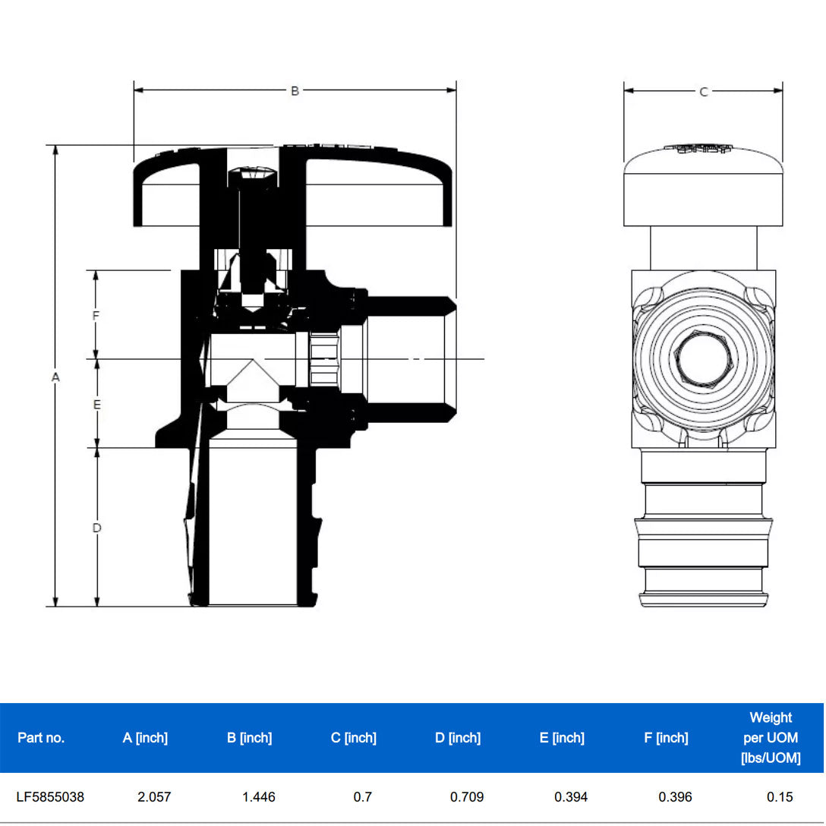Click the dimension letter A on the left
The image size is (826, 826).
pyautogui.click(x=55, y=377)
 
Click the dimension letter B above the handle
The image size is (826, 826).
pyautogui.click(x=295, y=91)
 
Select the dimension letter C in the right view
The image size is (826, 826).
pyautogui.click(x=703, y=92)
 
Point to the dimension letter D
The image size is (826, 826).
pyautogui.click(x=97, y=528)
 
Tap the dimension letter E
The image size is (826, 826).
pyautogui.click(x=97, y=405)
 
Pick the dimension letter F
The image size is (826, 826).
pyautogui.click(x=96, y=316)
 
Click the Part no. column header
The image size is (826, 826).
pyautogui.click(x=41, y=737)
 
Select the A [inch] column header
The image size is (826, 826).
pyautogui.click(x=146, y=737)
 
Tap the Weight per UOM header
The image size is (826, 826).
pyautogui.click(x=771, y=737)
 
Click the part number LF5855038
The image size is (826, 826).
pyautogui.click(x=50, y=796)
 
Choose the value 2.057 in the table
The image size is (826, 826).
pyautogui.click(x=154, y=796)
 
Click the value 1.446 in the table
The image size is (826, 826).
pyautogui.click(x=259, y=796)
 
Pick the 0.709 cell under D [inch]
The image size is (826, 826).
pyautogui.click(x=467, y=796)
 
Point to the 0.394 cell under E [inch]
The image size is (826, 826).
pyautogui.click(x=571, y=796)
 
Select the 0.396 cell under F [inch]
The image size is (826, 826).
pyautogui.click(x=676, y=796)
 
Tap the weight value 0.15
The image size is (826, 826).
pyautogui.click(x=780, y=796)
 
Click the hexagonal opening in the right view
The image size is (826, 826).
pyautogui.click(x=703, y=358)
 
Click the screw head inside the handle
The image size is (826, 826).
pyautogui.click(x=252, y=176)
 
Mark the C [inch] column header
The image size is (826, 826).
pyautogui.click(x=354, y=737)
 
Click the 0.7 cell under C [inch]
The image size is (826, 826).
pyautogui.click(x=362, y=796)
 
